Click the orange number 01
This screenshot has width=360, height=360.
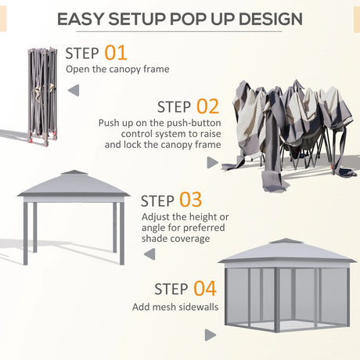(114, 53)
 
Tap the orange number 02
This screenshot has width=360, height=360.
(207, 106)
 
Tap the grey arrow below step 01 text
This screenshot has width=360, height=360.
(74, 91)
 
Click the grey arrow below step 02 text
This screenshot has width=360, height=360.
(211, 162)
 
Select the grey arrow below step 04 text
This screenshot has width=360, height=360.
(210, 335)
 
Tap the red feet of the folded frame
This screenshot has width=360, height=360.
(35, 143)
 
